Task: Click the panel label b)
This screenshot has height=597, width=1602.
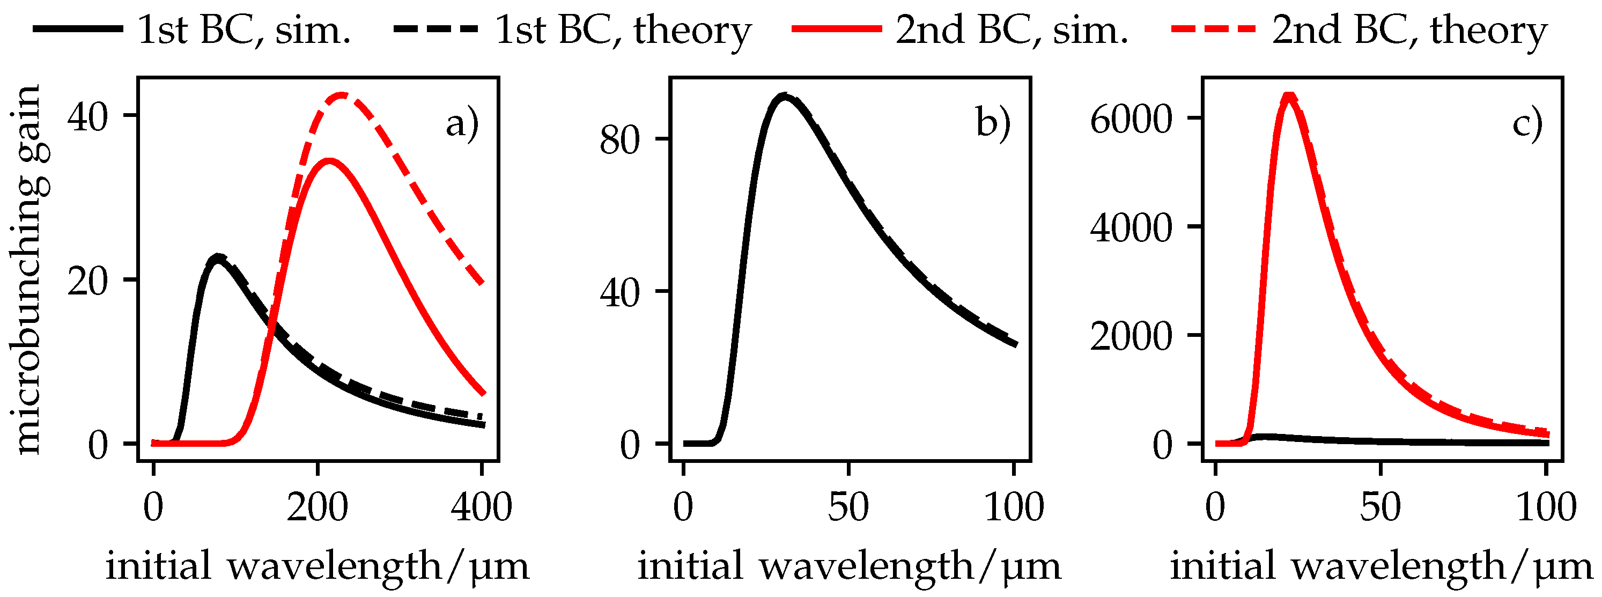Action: coord(993,123)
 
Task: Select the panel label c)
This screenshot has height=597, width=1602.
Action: coord(1527,123)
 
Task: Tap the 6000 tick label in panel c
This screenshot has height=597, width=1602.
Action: coord(1131,119)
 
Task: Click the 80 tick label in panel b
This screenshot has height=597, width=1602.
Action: coord(619,141)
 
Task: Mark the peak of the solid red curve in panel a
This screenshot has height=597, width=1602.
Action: coord(328,161)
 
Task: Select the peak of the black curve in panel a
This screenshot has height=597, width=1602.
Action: coord(217,257)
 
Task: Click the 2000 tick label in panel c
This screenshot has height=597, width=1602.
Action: coord(1131,336)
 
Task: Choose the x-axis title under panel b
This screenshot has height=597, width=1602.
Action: coord(850,566)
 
